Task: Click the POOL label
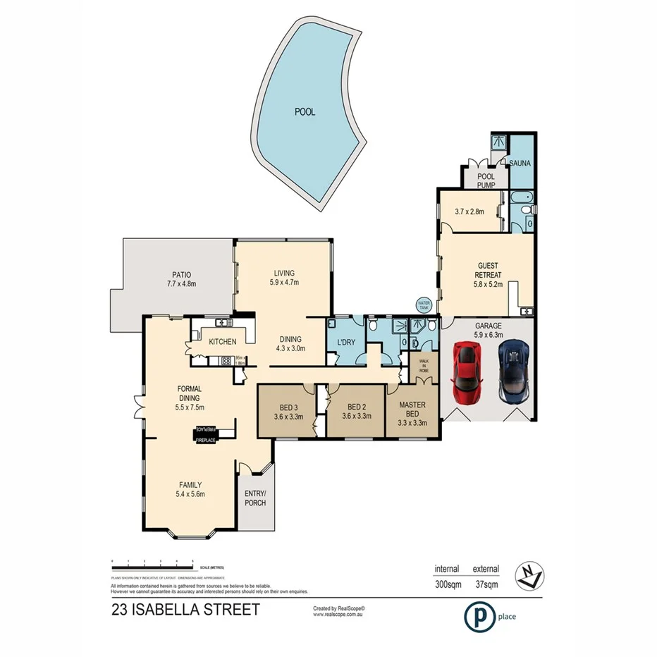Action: [x=305, y=111]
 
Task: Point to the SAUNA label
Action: [x=520, y=164]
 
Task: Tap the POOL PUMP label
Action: [x=486, y=180]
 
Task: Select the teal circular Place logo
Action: [x=477, y=616]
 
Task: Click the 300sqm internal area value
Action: [x=446, y=584]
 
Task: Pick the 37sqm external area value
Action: [x=486, y=584]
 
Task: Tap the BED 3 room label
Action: [x=287, y=410]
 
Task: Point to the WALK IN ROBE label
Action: [x=424, y=367]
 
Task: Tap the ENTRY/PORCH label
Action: [x=254, y=499]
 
